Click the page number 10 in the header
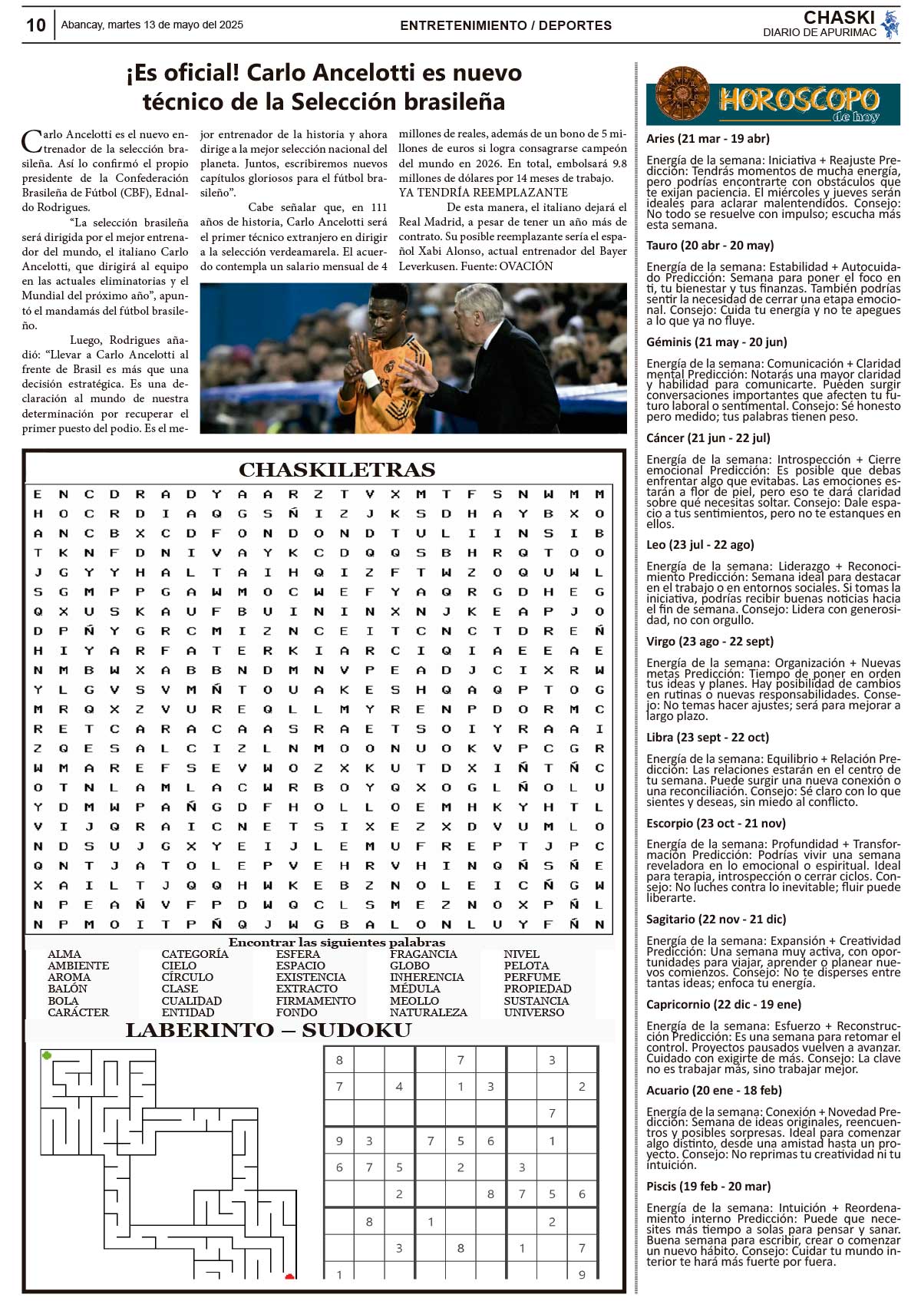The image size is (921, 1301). (x=36, y=25)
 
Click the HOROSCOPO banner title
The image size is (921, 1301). (x=798, y=100)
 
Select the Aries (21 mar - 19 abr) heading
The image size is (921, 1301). (x=708, y=139)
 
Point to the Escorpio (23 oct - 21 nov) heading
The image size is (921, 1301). (x=715, y=823)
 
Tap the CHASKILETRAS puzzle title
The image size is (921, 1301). (x=337, y=470)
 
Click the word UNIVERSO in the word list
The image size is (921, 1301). (x=533, y=1012)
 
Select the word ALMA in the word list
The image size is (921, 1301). (x=64, y=954)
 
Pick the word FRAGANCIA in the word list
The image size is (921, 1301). (x=423, y=954)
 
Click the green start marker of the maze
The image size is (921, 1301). (x=47, y=1056)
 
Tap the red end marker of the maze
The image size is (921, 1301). (x=289, y=1276)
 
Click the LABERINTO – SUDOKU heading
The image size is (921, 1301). (x=269, y=1030)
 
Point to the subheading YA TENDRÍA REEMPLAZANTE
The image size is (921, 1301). (x=484, y=193)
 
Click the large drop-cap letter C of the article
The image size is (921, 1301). (x=31, y=141)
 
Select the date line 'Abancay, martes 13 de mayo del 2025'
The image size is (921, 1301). (x=152, y=25)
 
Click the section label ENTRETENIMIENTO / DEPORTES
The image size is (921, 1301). (x=506, y=25)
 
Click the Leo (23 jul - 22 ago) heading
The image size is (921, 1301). (x=700, y=544)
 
